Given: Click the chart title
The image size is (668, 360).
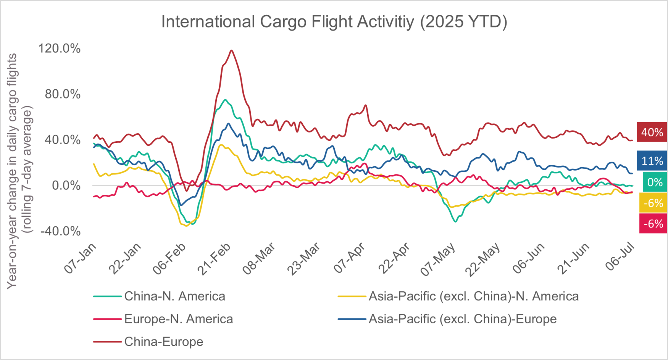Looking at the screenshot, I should click(334, 22).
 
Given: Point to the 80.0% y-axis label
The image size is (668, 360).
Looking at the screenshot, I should click(62, 94).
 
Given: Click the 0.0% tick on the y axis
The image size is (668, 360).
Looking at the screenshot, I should click(66, 186).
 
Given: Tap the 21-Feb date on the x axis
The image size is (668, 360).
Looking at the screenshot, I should click(215, 258).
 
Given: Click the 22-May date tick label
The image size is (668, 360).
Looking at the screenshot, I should click(483, 259).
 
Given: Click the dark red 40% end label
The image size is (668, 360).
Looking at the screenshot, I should click(652, 132).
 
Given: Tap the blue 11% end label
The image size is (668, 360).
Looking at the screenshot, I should click(652, 161).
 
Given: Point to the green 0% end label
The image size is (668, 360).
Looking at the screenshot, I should click(655, 182).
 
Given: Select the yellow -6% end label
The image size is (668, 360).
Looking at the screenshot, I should click(653, 203).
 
